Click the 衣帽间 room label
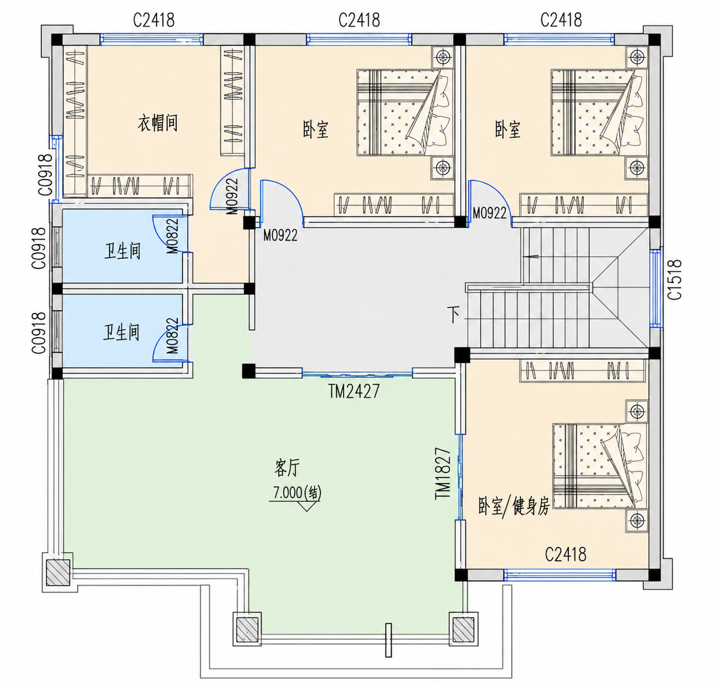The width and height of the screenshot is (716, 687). [x=158, y=123]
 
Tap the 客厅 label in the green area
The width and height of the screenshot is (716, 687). [x=287, y=468]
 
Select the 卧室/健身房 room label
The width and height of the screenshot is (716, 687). [x=514, y=506]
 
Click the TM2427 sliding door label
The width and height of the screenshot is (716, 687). [x=354, y=391]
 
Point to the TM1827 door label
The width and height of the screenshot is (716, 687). [x=443, y=473]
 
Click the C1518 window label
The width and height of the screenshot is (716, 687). [x=675, y=280]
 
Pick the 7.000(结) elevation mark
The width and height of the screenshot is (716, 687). [x=297, y=492]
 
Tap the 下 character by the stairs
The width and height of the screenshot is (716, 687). [x=454, y=315]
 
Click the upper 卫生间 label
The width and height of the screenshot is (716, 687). [x=122, y=251]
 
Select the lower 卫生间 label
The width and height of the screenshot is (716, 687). [x=121, y=332]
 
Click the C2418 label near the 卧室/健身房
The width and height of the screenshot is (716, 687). [x=565, y=554]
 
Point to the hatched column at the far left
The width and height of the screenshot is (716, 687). [x=58, y=573]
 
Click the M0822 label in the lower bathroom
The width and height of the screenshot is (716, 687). [x=172, y=336]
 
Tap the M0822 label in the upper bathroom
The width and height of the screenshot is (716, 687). [x=172, y=236]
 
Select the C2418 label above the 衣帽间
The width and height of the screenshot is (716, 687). [x=154, y=20]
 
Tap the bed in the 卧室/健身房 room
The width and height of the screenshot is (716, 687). [x=600, y=465]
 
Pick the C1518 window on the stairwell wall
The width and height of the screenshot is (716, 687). [x=655, y=289]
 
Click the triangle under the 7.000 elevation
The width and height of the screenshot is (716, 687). [x=306, y=506]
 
